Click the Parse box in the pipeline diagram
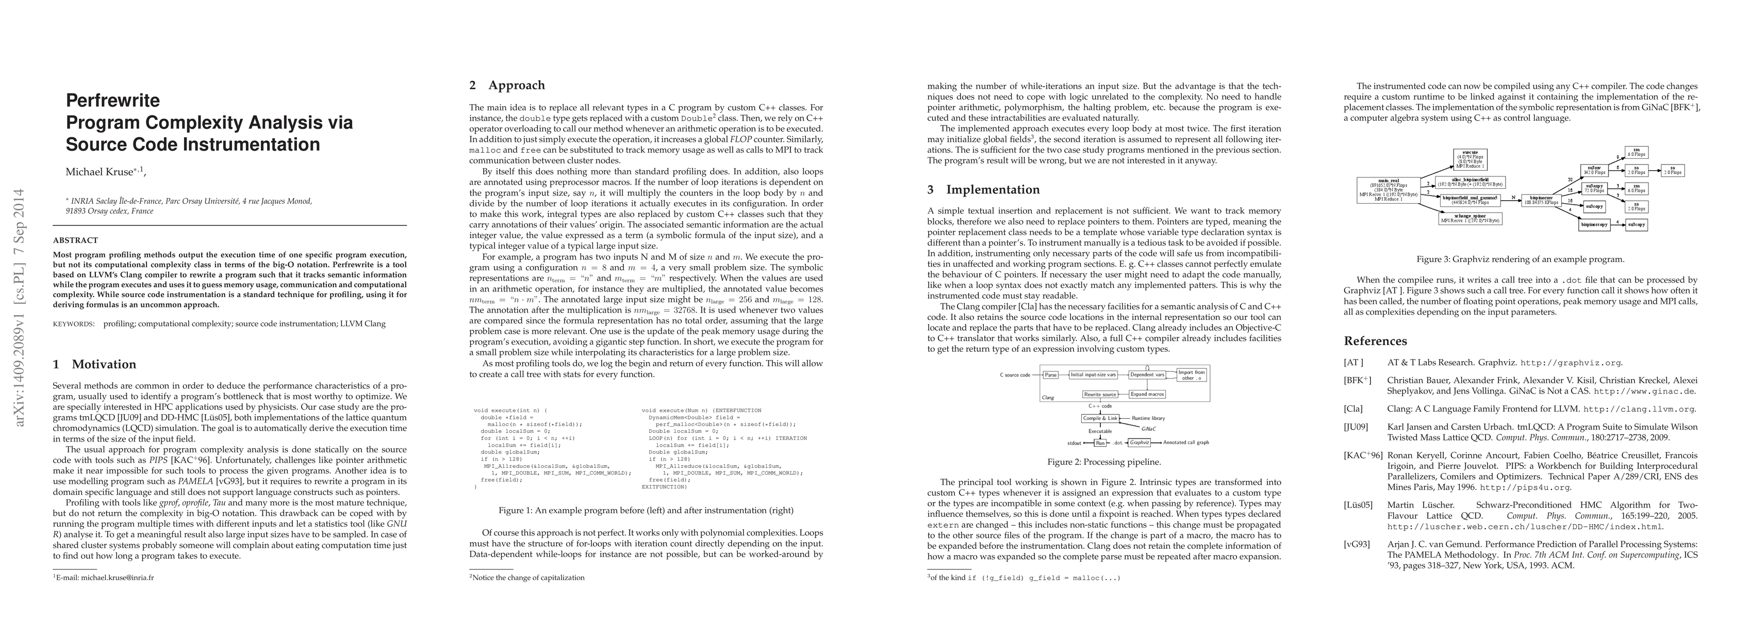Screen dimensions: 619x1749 pyautogui.click(x=1050, y=374)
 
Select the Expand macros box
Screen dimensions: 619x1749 pyautogui.click(x=1147, y=394)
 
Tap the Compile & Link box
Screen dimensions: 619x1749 pyautogui.click(x=1100, y=418)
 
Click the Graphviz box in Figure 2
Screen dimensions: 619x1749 pyautogui.click(x=1140, y=443)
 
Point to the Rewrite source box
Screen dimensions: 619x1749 pyautogui.click(x=1100, y=394)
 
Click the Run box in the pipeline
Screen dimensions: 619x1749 pyautogui.click(x=1100, y=443)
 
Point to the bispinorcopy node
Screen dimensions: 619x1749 pyautogui.click(x=1594, y=224)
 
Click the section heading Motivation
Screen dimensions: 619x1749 pyautogui.click(x=104, y=365)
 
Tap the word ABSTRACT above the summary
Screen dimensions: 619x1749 pyautogui.click(x=75, y=240)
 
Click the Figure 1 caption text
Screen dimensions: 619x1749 pyautogui.click(x=646, y=510)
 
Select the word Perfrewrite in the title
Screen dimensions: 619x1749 pyautogui.click(x=113, y=101)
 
